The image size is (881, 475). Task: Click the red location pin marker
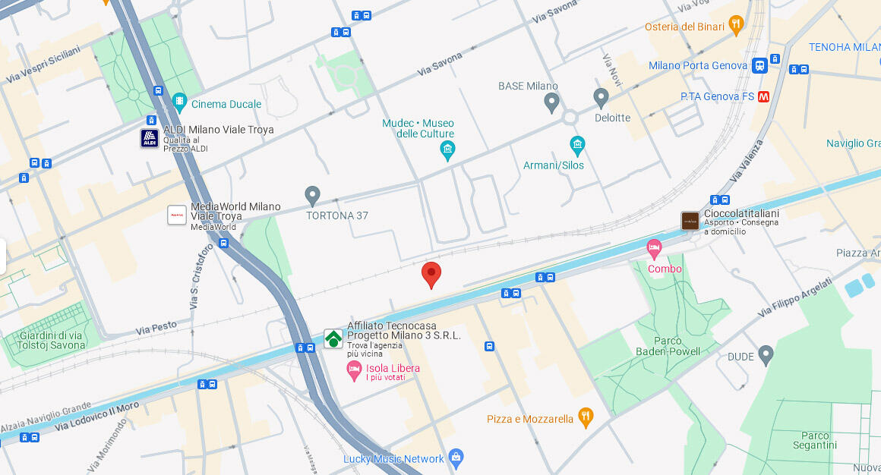click(x=431, y=274)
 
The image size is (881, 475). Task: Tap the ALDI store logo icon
click(x=150, y=138)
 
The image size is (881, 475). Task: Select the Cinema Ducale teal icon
click(x=179, y=101)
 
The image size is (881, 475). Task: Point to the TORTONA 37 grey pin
click(x=312, y=195)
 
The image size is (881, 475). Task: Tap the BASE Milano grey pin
click(x=552, y=102)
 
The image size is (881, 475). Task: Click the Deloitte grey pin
click(x=601, y=97)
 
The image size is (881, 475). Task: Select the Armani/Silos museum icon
click(x=577, y=145)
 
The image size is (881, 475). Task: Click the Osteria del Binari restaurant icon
click(x=735, y=25)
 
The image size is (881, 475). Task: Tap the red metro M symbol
click(x=764, y=96)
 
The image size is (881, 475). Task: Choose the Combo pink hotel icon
click(x=654, y=247)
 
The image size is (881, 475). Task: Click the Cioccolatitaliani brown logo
click(x=690, y=221)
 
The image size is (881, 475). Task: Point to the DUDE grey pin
click(x=766, y=354)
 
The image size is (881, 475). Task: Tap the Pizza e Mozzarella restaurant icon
click(x=585, y=416)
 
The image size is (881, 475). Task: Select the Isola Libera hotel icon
click(x=354, y=370)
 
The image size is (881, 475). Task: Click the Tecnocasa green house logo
click(x=333, y=338)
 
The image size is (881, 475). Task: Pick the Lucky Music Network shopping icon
click(x=456, y=457)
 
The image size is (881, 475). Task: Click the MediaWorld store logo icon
click(x=177, y=215)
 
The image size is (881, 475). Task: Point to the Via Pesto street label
click(x=156, y=328)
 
